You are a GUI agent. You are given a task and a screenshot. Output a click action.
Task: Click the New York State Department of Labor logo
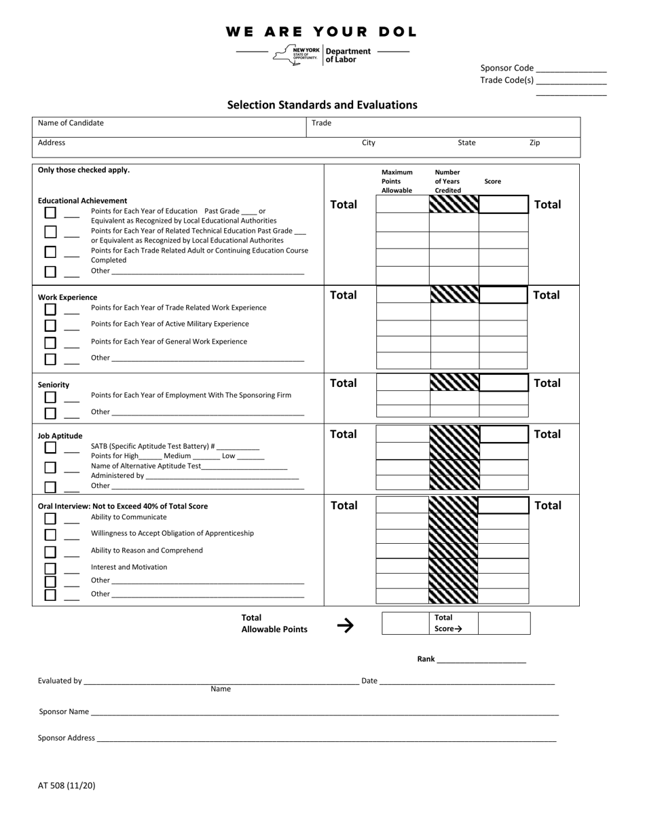322,55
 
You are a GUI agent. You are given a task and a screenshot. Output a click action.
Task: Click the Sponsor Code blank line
571,69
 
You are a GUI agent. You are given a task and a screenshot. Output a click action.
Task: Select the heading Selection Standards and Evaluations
322,105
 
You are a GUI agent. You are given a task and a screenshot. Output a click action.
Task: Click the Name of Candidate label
71,123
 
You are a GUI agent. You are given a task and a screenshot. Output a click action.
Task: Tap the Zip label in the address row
534,143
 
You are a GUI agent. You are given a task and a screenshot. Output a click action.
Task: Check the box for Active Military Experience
50,326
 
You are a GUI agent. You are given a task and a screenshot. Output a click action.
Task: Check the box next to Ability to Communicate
50,519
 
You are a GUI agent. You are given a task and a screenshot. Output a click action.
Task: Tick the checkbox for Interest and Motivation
50,569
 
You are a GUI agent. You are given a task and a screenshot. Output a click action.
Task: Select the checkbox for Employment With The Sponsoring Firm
50,397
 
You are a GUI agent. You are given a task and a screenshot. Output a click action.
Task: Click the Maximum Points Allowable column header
397,181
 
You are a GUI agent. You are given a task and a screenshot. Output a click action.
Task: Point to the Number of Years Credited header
447,181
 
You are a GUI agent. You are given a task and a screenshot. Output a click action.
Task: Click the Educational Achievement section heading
82,201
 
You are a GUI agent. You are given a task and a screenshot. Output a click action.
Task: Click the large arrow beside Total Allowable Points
345,625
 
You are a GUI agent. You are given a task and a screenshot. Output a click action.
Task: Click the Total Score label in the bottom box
447,623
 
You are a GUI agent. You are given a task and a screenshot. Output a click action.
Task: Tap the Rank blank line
481,660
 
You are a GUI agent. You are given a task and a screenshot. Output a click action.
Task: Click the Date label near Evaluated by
369,680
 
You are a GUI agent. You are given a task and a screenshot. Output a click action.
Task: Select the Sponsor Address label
67,738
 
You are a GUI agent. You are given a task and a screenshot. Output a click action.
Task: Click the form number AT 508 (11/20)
67,785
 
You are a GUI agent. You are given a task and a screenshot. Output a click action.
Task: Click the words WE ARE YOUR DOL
321,32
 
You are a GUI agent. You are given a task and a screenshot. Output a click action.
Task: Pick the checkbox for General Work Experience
50,343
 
